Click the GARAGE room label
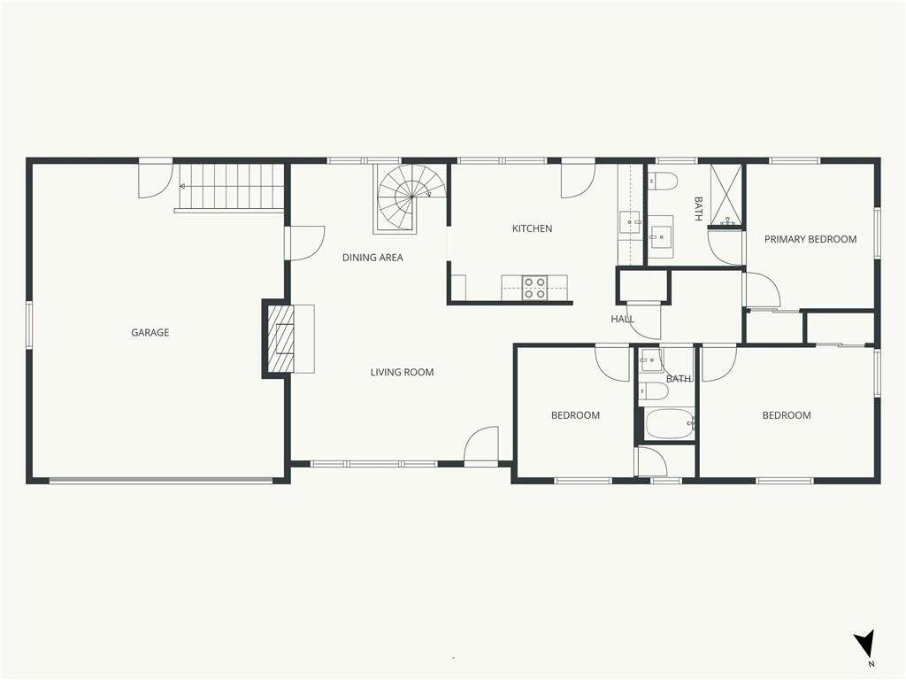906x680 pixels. click(x=150, y=333)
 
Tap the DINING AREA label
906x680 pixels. click(x=372, y=258)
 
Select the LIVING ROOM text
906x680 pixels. click(x=403, y=373)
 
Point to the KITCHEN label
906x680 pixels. click(x=532, y=228)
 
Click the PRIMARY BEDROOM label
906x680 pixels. click(x=810, y=239)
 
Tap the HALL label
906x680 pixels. click(x=622, y=319)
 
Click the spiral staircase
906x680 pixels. click(x=411, y=199)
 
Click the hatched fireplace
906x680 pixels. click(x=280, y=338)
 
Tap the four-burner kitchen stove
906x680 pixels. click(x=534, y=288)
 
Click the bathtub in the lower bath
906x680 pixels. click(x=670, y=424)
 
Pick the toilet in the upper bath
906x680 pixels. click(x=662, y=182)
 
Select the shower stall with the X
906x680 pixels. click(x=726, y=194)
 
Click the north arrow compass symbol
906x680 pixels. click(x=864, y=645)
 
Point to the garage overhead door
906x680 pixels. click(x=161, y=480)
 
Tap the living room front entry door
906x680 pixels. click(x=481, y=445)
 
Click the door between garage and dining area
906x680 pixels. click(x=304, y=243)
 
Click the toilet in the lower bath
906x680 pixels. click(x=654, y=391)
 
